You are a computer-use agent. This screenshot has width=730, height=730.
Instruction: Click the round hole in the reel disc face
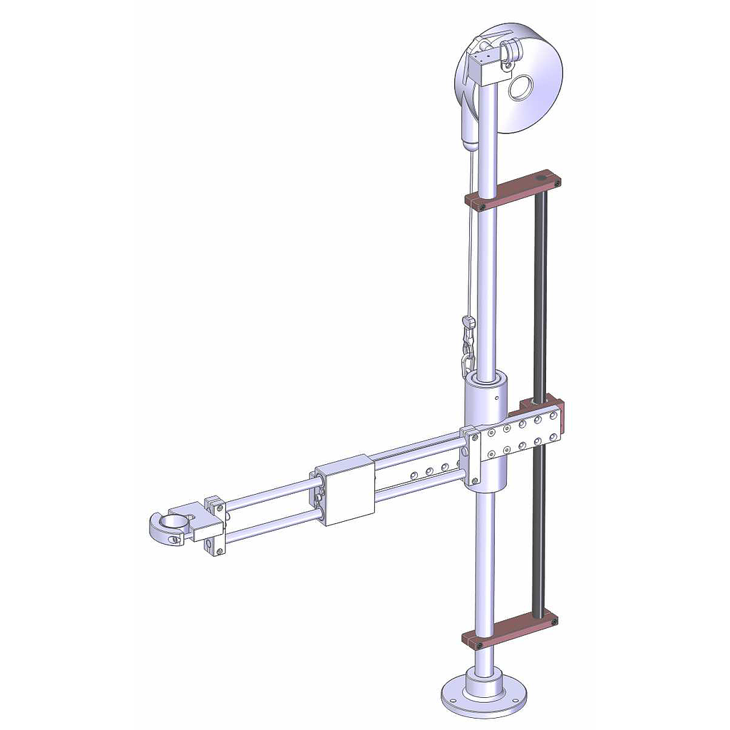tap(522, 88)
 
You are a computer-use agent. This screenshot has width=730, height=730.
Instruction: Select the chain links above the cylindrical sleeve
tap(467, 356)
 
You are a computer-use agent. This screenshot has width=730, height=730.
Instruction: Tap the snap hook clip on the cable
tap(468, 329)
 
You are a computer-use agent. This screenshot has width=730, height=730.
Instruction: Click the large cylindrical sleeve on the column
tap(486, 403)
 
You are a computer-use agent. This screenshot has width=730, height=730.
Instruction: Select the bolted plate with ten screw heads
tap(520, 441)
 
